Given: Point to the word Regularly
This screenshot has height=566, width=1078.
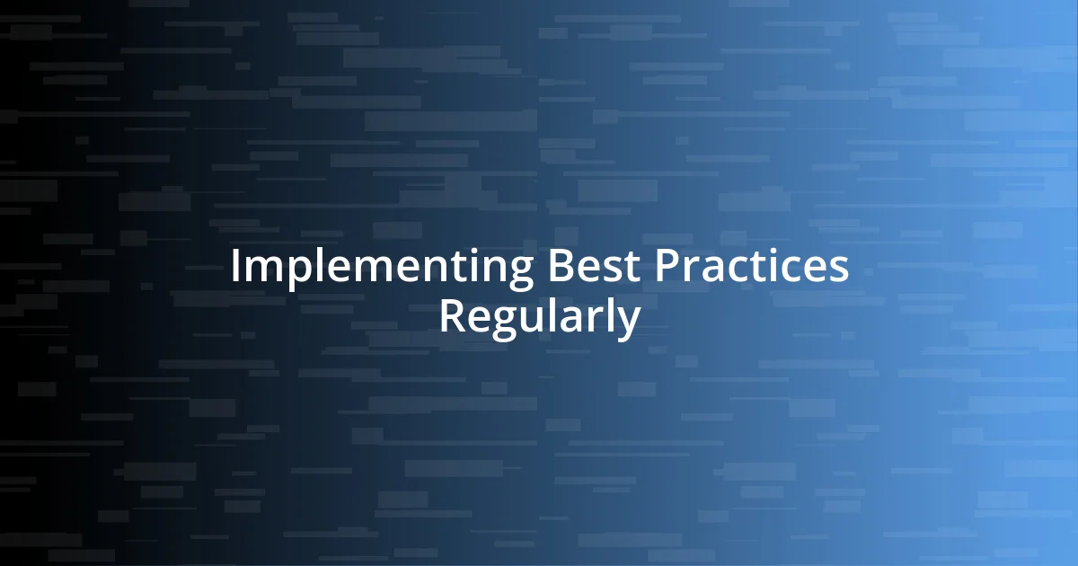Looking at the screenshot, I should [539, 318].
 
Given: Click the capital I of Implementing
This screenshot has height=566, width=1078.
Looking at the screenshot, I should [235, 268].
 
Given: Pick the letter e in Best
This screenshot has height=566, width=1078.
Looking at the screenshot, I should [576, 270].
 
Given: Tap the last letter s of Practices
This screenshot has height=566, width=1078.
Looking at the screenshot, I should [837, 270].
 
